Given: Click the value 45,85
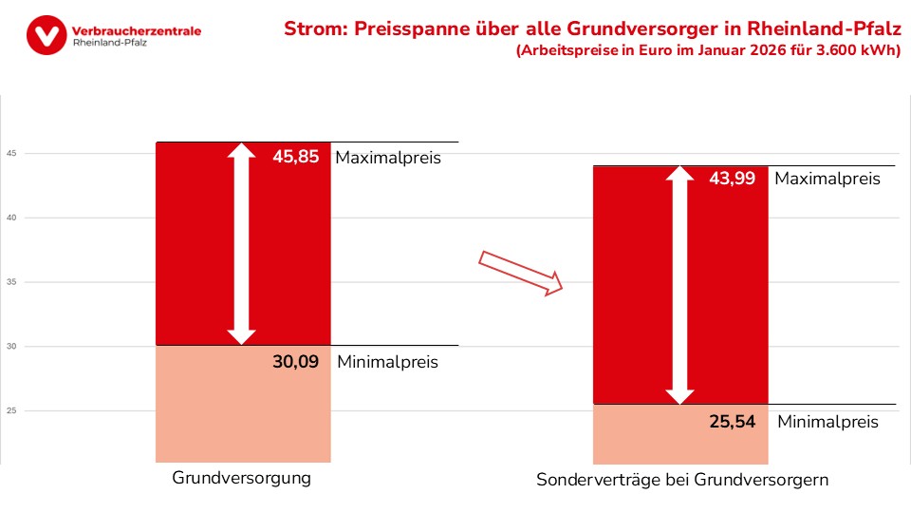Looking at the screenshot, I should tap(295, 158).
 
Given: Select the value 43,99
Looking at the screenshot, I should tap(732, 178).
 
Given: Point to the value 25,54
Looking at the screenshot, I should tap(732, 421).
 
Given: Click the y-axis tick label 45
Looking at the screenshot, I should tap(11, 154).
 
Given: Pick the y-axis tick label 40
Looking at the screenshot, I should tap(11, 218).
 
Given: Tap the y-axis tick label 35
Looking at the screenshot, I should tap(11, 282).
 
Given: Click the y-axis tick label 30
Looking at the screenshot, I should tap(11, 347).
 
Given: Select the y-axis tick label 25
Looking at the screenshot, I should tap(11, 410).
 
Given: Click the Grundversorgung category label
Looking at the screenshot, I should tap(241, 478).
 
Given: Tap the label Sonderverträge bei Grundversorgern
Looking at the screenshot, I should tap(682, 481).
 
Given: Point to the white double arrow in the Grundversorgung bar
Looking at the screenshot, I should tap(242, 243).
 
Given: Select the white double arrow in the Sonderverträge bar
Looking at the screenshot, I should tap(679, 285).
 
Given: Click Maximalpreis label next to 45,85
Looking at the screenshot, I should tap(388, 158).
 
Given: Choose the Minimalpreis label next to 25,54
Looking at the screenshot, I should tap(827, 422).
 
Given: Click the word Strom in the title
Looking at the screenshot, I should tap(313, 28).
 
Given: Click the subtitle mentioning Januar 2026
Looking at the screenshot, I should tap(707, 51).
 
